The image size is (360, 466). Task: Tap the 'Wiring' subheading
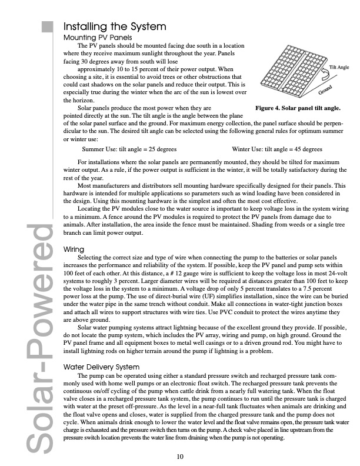click(75, 249)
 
